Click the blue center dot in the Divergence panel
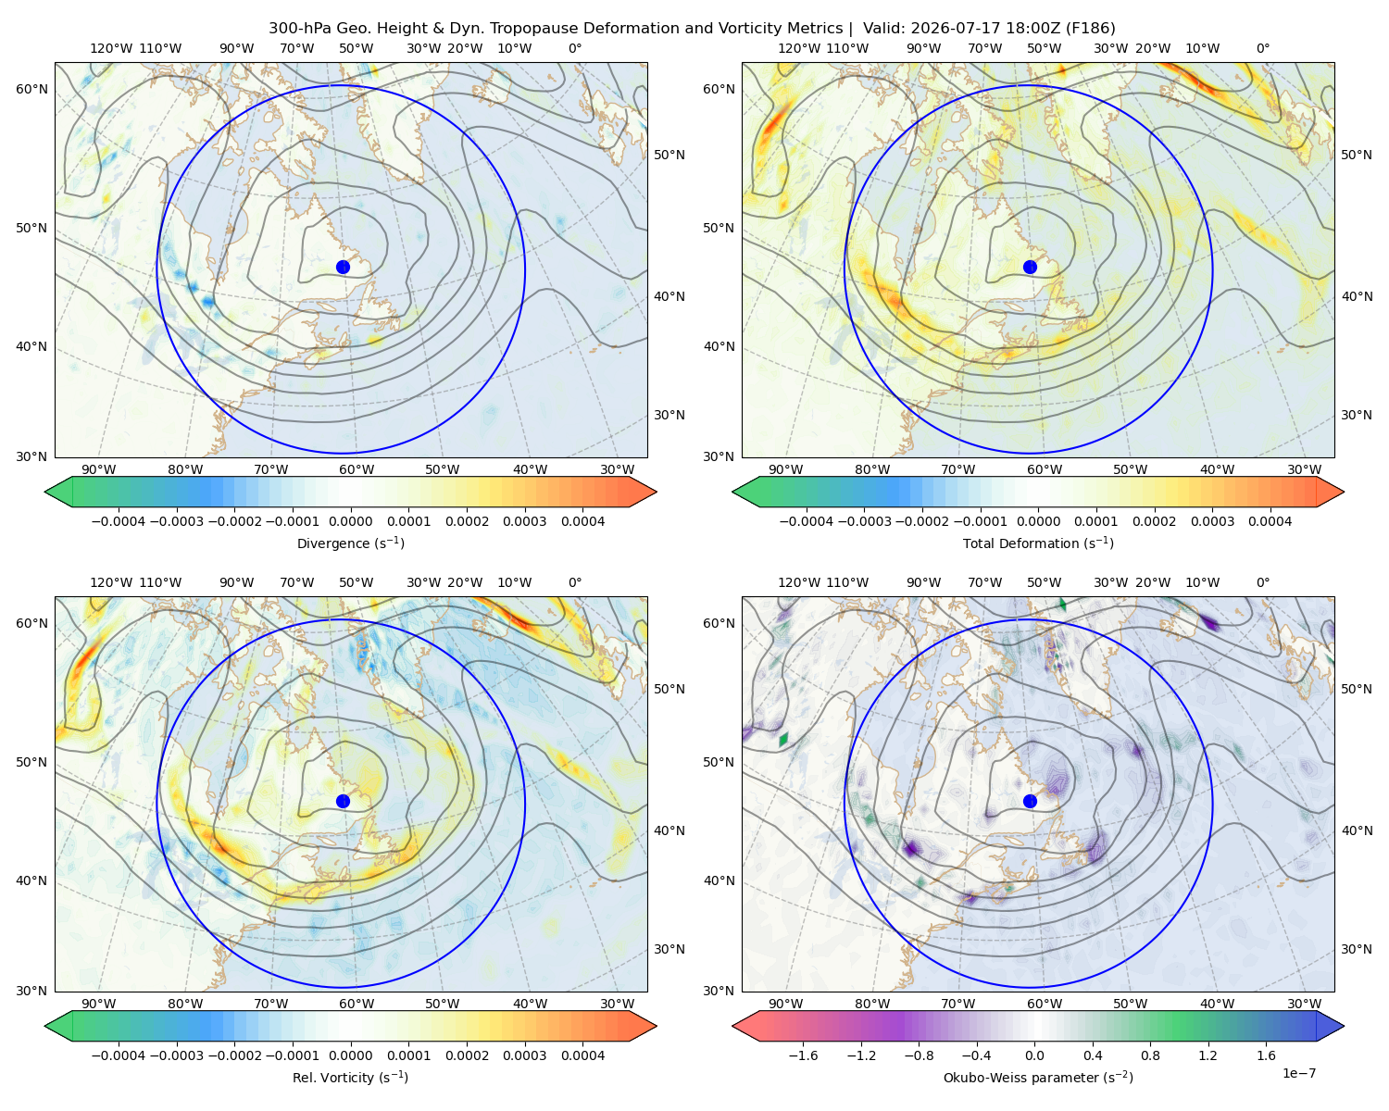[343, 267]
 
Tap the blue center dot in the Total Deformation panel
[1030, 267]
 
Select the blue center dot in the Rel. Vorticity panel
[343, 801]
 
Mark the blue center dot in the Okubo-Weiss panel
[1030, 801]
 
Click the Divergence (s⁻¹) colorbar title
[350, 543]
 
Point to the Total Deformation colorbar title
[1038, 543]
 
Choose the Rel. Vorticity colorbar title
[350, 1077]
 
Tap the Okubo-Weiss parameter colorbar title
[1038, 1077]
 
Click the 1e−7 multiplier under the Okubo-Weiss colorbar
[1298, 1073]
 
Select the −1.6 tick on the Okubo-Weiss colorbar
[803, 1055]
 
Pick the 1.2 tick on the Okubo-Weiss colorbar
[1208, 1055]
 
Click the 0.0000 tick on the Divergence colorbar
[350, 521]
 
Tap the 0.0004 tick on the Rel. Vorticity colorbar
[582, 1055]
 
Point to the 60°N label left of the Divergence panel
[31, 89]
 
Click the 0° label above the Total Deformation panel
[1262, 48]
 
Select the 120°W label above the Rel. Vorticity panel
[111, 581]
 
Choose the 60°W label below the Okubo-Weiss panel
[1045, 1003]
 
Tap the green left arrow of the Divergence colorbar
[58, 492]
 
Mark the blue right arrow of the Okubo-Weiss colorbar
[1330, 1026]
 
